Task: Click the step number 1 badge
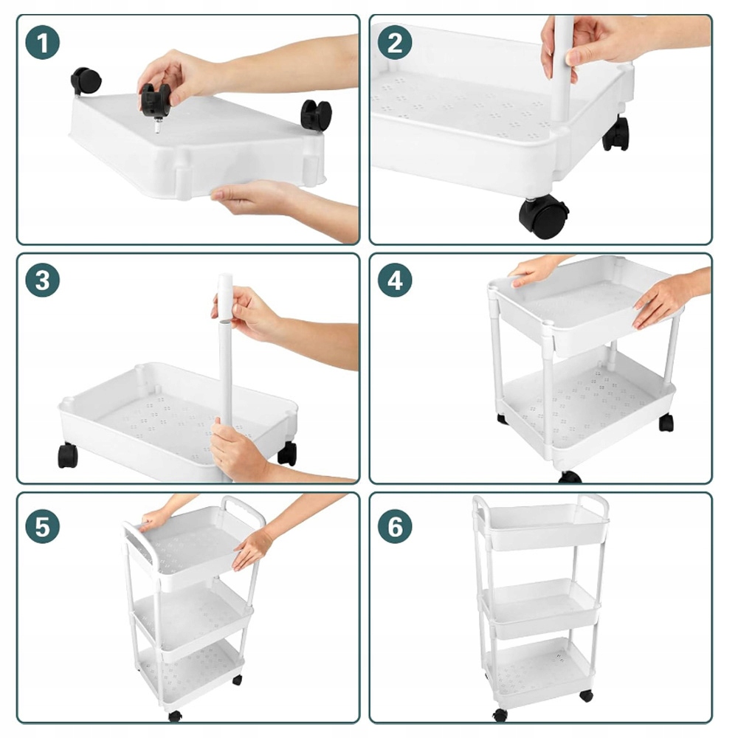(x=42, y=42)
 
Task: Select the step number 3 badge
(x=42, y=280)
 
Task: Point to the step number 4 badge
(x=395, y=280)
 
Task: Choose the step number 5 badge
(x=42, y=526)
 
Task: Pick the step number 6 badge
(x=395, y=526)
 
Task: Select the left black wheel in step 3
(x=67, y=455)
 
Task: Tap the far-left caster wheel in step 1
(x=86, y=80)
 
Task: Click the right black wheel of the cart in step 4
(x=666, y=422)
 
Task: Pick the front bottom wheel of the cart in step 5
(x=175, y=716)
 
